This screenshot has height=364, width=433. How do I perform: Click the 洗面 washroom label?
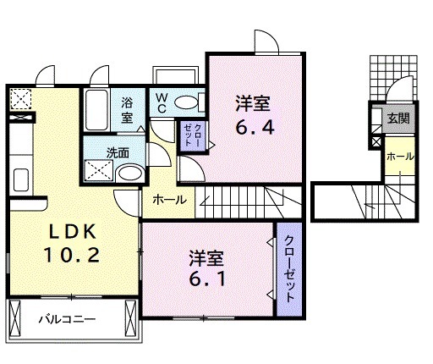(x=118, y=153)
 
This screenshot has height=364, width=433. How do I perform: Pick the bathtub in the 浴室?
(x=95, y=108)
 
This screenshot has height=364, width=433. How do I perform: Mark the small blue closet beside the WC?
(x=189, y=135)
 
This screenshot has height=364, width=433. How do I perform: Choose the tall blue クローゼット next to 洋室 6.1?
(x=288, y=268)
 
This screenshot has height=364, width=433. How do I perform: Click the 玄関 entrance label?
(x=397, y=119)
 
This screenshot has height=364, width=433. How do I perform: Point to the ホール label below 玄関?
(x=399, y=157)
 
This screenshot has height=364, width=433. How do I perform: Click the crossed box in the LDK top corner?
(x=19, y=101)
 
